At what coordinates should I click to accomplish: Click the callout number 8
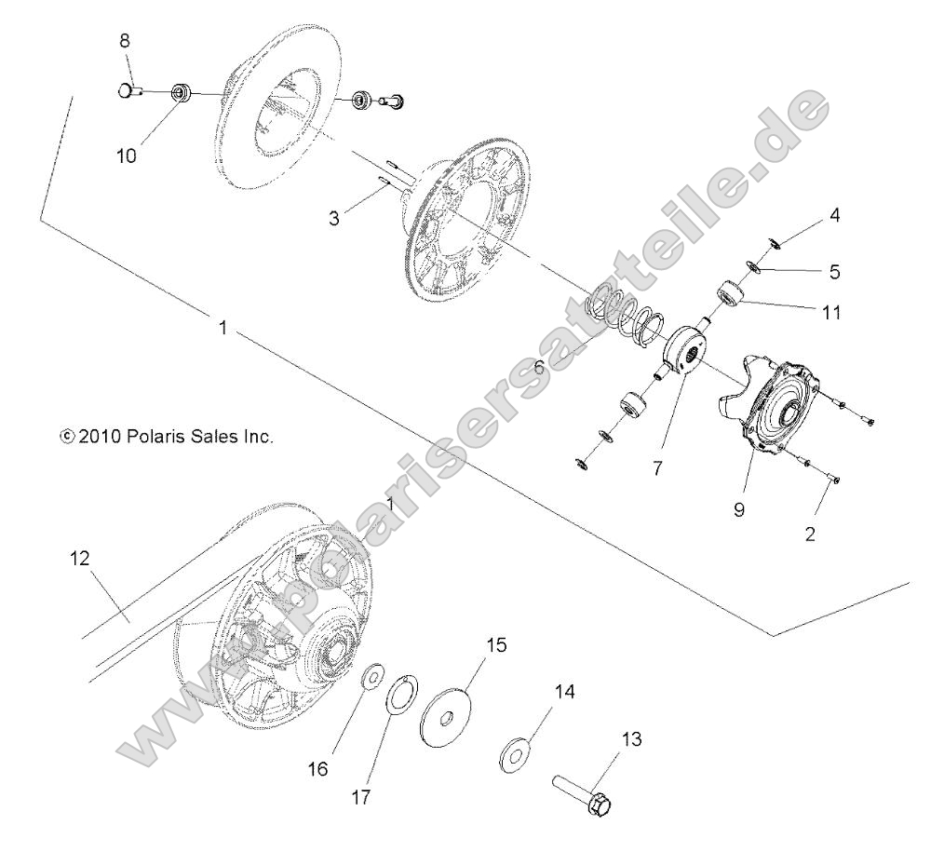(x=126, y=41)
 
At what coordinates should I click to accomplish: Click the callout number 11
(x=831, y=313)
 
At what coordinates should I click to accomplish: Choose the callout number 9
(x=738, y=510)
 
